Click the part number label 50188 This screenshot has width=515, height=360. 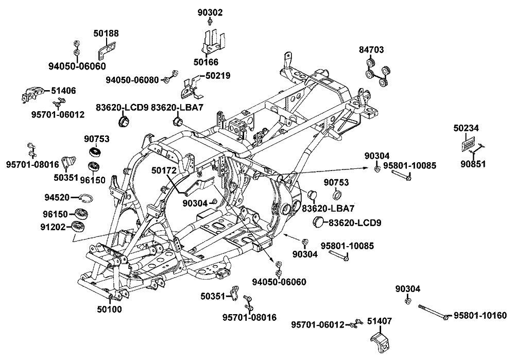pos(106,33)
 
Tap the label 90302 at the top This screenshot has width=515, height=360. pos(210,12)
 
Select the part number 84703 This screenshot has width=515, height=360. pos(372,50)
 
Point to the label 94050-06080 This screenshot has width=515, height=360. pos(132,80)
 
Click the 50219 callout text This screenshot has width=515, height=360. pos(218,76)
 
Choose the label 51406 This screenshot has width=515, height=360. pos(64,91)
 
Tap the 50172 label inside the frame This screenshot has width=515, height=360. pos(163,170)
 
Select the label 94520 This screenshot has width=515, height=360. pos(56,197)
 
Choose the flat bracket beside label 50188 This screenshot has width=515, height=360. pos(106,52)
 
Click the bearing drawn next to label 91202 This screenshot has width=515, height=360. pos(79,226)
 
